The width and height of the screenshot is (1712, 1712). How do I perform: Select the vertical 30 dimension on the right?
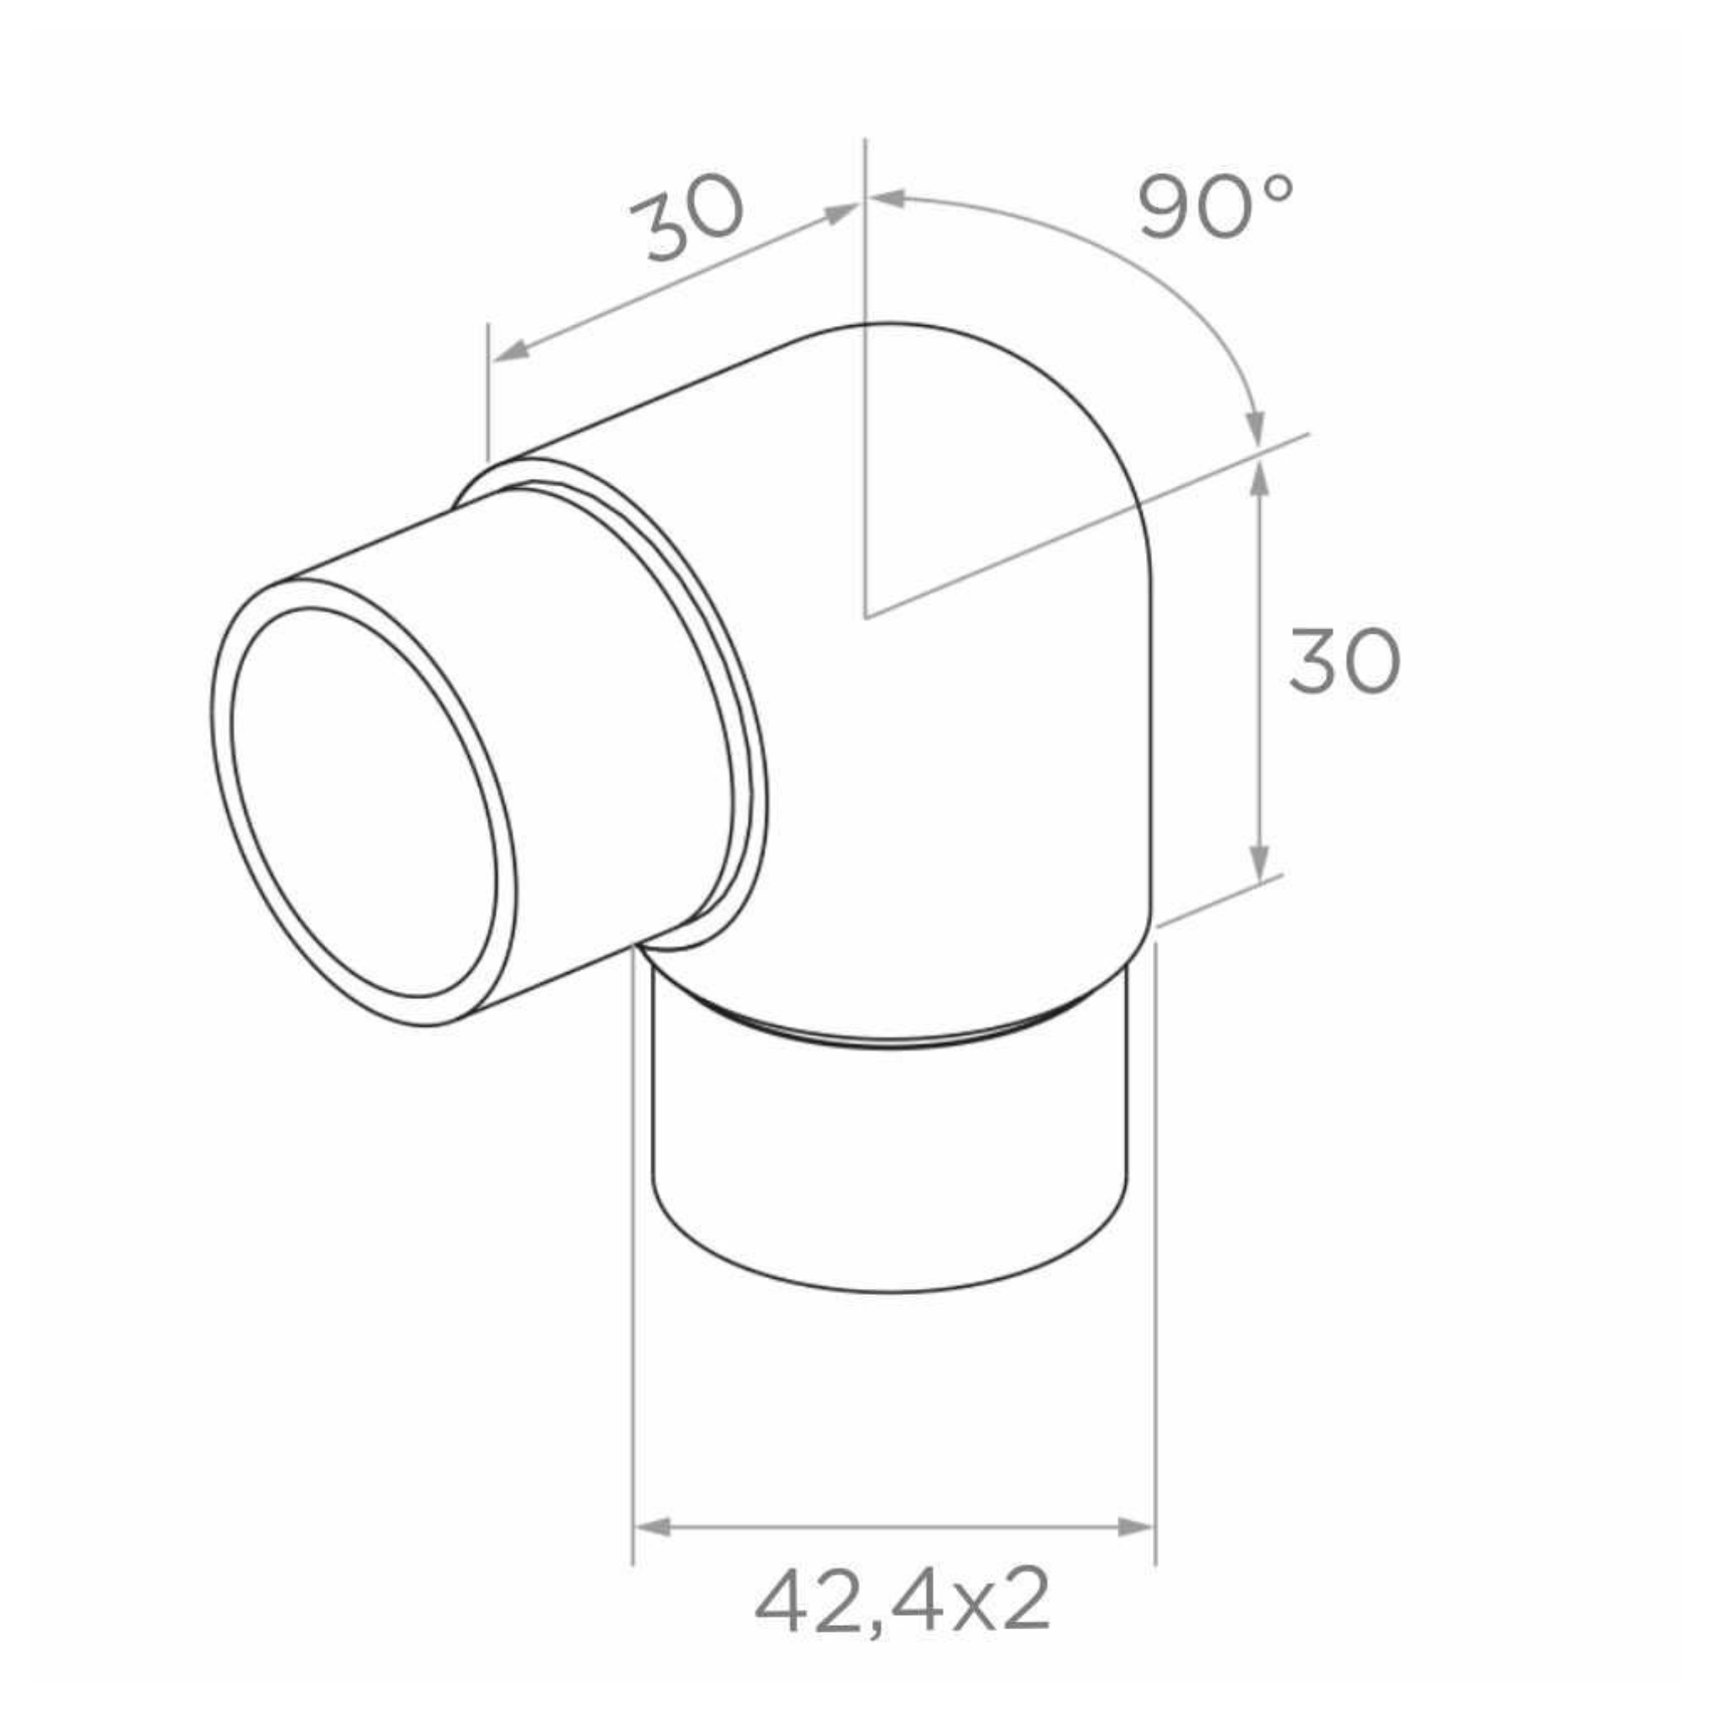[1343, 661]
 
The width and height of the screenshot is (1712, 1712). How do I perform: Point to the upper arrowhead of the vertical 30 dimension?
[1260, 479]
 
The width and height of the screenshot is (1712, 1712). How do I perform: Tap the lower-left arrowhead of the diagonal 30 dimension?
[511, 351]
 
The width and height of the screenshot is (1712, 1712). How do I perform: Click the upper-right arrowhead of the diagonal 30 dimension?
[841, 212]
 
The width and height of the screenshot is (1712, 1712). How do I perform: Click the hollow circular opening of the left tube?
[364, 802]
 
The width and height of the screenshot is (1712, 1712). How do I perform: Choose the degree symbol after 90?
[1279, 187]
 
